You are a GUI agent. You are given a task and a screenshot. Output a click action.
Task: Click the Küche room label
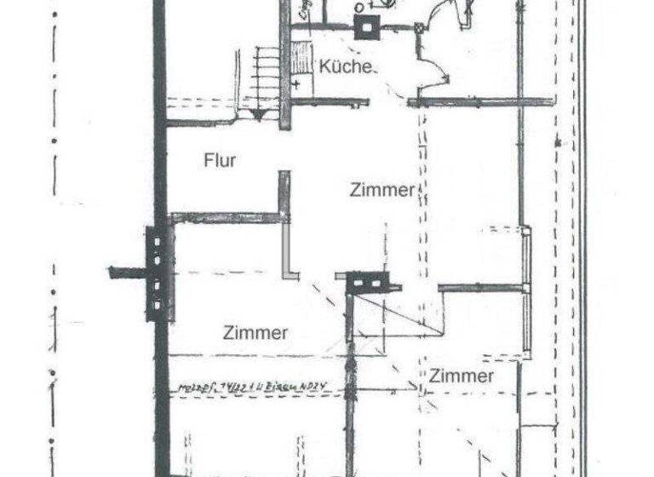click(x=346, y=66)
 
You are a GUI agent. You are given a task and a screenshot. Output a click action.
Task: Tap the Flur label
click(x=220, y=160)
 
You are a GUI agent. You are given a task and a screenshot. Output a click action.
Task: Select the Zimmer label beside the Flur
click(x=381, y=191)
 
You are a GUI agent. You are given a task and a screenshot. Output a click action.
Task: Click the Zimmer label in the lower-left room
click(x=255, y=333)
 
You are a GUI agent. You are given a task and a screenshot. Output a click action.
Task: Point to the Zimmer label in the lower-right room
click(x=462, y=376)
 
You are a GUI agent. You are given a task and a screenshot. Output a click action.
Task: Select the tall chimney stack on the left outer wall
click(x=158, y=273)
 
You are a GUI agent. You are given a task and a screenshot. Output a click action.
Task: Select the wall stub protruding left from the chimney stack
click(x=127, y=273)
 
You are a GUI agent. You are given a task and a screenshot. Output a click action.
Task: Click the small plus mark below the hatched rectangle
click(x=297, y=83)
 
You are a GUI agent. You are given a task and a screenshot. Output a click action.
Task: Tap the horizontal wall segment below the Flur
click(x=226, y=217)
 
